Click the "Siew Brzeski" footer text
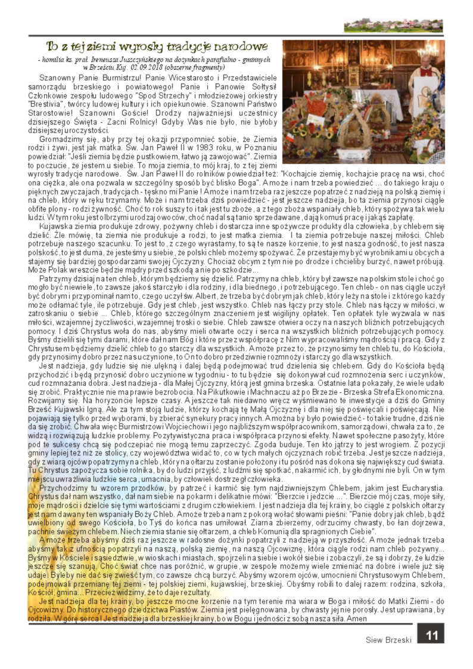pos(389,640)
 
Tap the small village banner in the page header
pos(393,26)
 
